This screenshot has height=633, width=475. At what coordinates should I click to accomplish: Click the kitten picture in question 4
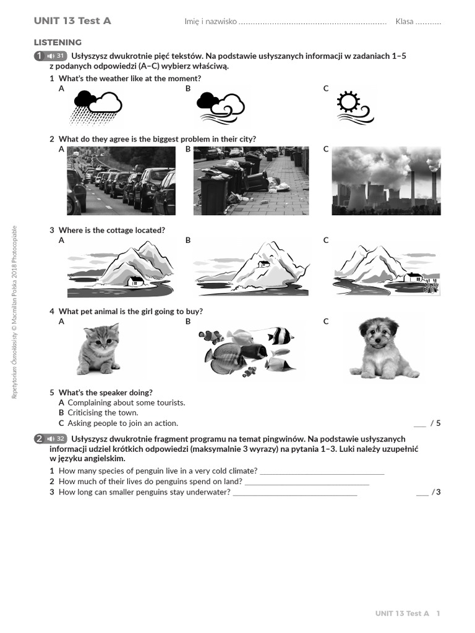coord(98,349)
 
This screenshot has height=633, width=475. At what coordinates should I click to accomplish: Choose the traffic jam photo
coord(121,181)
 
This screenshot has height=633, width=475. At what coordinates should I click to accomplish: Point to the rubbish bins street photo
coord(250,181)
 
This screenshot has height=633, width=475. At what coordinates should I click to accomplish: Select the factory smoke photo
coord(386,181)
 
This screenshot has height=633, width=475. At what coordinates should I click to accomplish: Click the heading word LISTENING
coord(58,43)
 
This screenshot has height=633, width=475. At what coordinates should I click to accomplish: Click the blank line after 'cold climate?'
coord(322,472)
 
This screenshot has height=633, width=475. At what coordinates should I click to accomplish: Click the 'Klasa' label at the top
coord(404,22)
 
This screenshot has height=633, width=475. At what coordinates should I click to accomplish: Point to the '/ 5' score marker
coord(435,423)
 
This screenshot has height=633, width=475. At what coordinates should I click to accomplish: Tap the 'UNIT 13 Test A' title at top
coord(72,21)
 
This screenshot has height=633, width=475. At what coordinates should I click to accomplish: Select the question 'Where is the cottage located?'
coord(111,231)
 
